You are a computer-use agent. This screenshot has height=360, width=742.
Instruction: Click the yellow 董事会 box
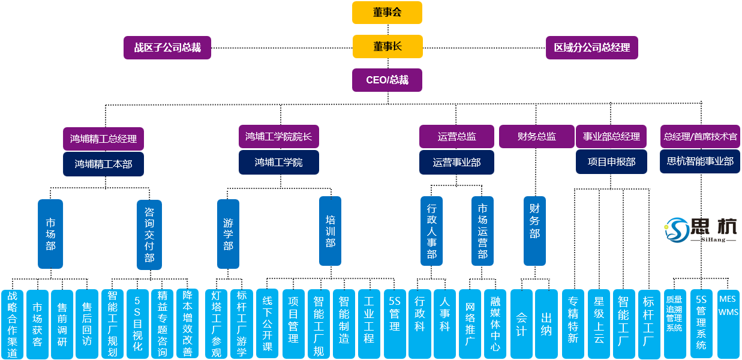point(387,13)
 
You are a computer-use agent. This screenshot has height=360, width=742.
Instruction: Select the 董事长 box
point(387,46)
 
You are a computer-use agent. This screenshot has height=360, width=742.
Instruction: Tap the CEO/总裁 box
point(387,80)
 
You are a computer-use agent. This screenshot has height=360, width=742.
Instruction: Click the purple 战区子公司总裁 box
point(167,47)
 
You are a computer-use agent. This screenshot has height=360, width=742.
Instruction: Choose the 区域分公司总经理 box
point(591,47)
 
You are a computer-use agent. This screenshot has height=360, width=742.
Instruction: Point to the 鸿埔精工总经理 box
point(103,138)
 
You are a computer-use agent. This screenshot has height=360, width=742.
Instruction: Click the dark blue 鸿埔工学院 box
point(278,162)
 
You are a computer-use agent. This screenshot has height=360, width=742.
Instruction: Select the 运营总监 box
point(456,137)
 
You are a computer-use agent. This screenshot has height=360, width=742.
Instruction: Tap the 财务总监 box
point(536,137)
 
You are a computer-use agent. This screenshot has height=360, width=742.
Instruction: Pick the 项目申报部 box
point(611,162)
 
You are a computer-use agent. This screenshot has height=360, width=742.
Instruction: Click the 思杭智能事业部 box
point(700,161)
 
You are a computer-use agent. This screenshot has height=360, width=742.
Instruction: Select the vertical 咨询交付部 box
point(149,235)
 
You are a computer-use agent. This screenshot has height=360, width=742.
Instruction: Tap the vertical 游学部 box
point(228,234)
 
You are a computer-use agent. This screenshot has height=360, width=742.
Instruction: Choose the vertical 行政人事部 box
point(431,230)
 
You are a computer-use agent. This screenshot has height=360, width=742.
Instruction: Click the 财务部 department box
point(534,230)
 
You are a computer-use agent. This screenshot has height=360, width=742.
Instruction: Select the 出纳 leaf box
point(546,324)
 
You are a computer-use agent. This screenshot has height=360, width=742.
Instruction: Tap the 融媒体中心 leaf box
point(495,324)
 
